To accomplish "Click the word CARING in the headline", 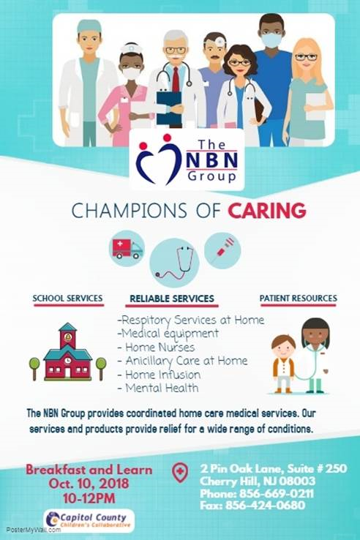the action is click(267, 211).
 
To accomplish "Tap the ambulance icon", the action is click(127, 249).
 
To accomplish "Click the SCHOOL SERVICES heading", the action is click(67, 299).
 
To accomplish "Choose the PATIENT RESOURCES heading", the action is click(299, 299).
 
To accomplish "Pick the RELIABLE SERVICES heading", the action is click(172, 299).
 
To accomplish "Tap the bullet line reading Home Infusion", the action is click(160, 375).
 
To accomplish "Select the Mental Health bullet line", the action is click(158, 388).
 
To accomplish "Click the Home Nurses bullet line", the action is click(157, 347).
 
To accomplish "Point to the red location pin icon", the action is click(180, 472).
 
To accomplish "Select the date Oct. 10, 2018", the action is click(89, 484).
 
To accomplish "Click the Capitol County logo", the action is click(89, 520).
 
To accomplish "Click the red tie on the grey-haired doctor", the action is click(176, 80).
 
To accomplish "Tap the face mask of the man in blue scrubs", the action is click(271, 40).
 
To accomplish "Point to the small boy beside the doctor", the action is click(283, 364).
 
